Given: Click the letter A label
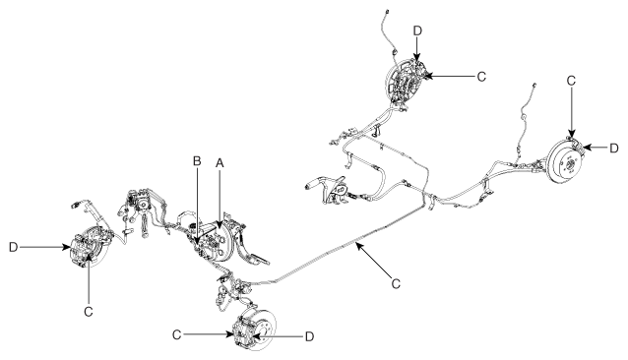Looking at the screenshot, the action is point(220,163).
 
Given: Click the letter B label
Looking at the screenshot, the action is point(197,160).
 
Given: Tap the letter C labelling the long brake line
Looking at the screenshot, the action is point(396,283).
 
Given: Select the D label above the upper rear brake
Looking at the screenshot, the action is point(417,30).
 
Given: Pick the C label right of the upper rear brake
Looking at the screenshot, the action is point(481,77).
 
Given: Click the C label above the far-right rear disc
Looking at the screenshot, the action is point(571,81).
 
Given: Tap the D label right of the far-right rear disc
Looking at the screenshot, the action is point(614,149).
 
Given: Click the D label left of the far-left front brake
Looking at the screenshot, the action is point(13,247).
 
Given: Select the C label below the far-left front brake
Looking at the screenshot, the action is point(89,311).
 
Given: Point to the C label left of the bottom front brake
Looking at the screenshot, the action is point(176,334).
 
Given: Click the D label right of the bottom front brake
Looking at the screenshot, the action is point(309,336).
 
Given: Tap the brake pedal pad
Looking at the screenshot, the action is point(259,261).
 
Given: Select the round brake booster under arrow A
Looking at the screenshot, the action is point(221,243).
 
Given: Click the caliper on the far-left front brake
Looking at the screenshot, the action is point(83,250).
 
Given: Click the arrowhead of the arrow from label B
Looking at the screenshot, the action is point(197,240).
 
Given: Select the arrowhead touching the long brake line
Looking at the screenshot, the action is point(359,246).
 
